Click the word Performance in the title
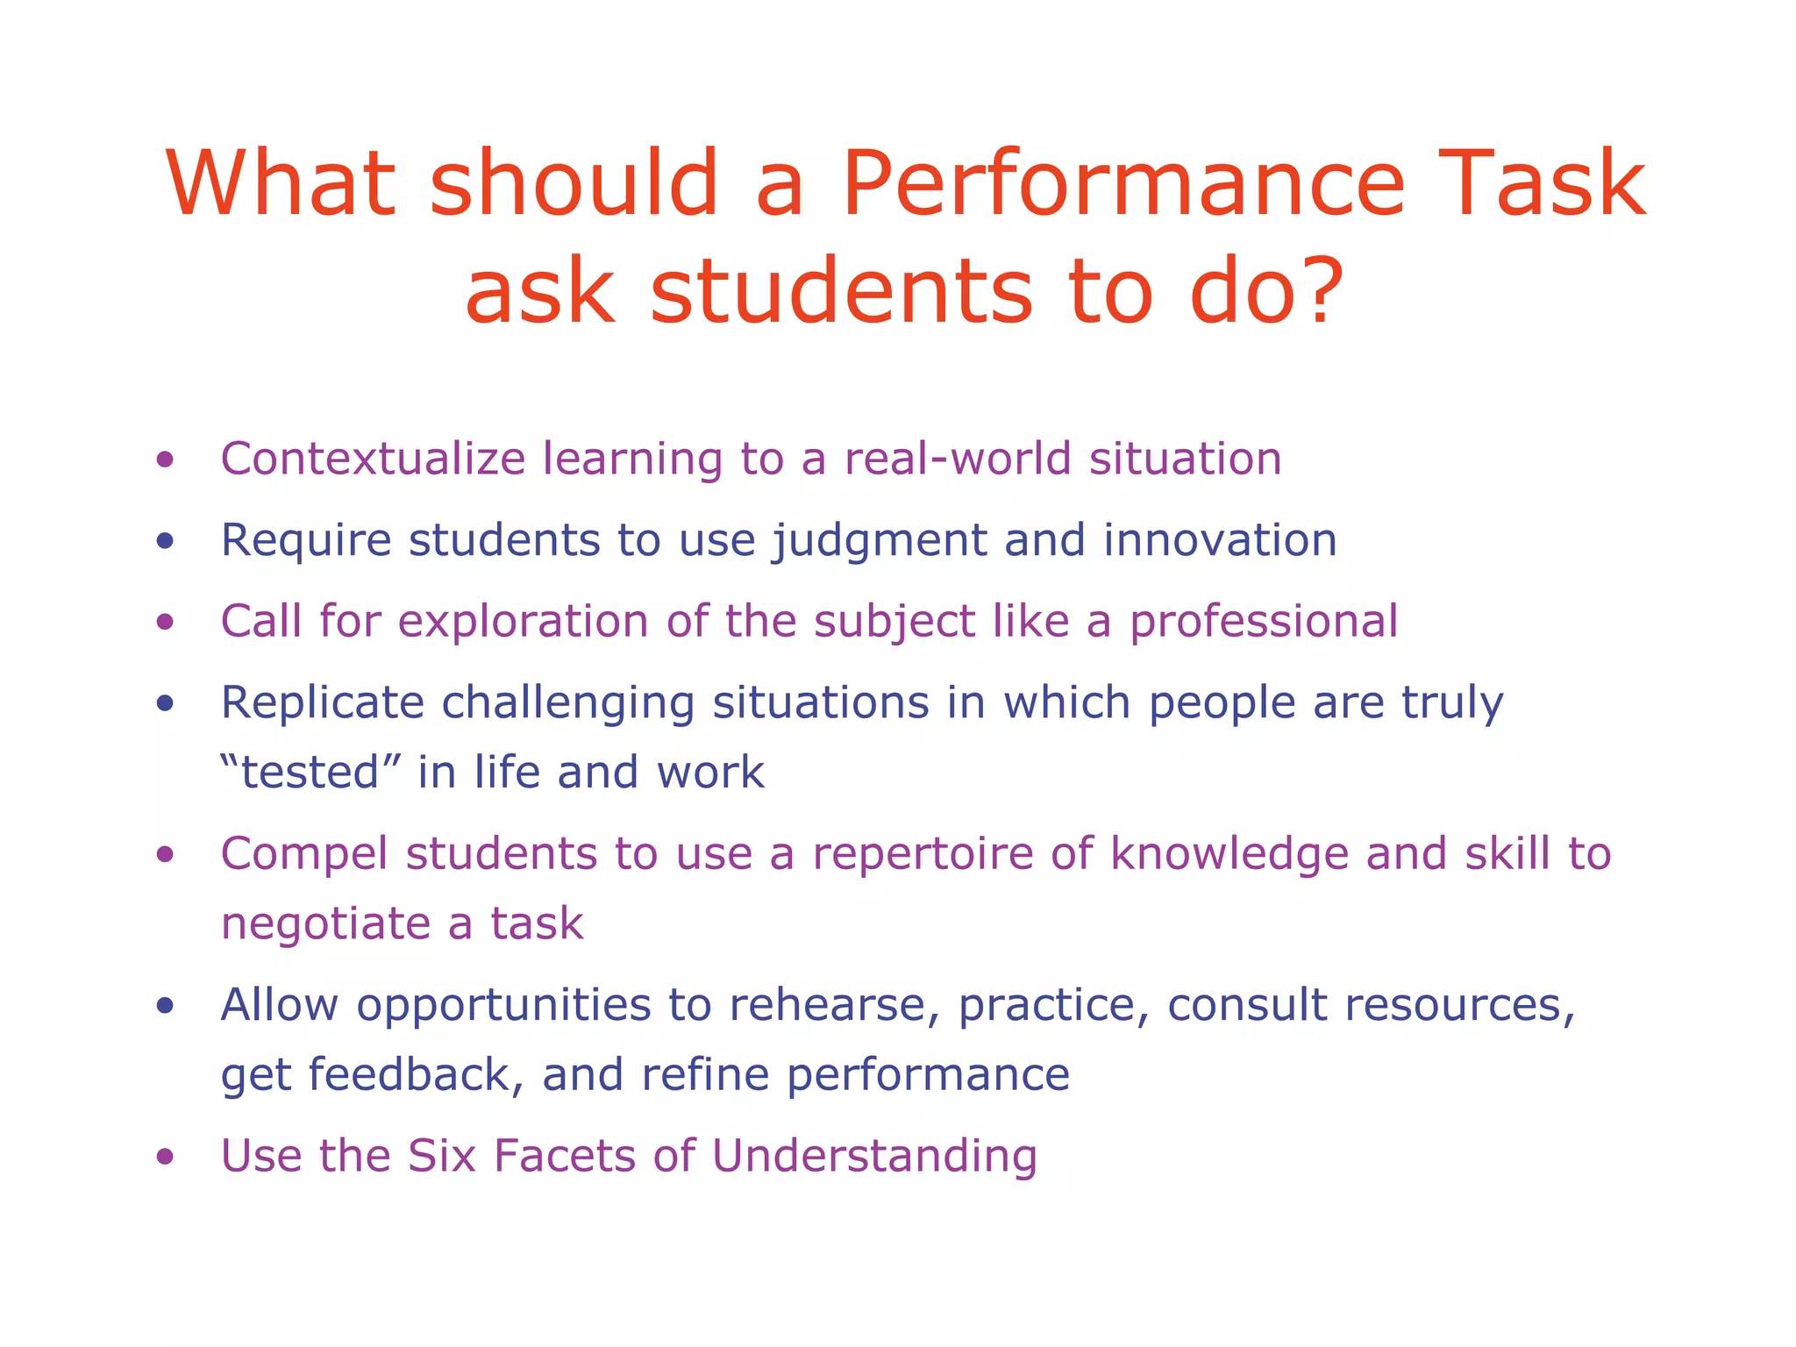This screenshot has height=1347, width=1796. click(x=1124, y=185)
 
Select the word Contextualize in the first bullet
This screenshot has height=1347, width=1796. click(x=373, y=459)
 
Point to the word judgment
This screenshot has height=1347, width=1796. click(x=880, y=541)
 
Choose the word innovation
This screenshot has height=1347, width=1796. click(x=1220, y=539)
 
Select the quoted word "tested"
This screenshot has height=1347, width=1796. click(x=310, y=773)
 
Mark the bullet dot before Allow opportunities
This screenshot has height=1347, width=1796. click(x=165, y=1006)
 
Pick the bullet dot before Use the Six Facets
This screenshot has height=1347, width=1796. click(x=165, y=1157)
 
